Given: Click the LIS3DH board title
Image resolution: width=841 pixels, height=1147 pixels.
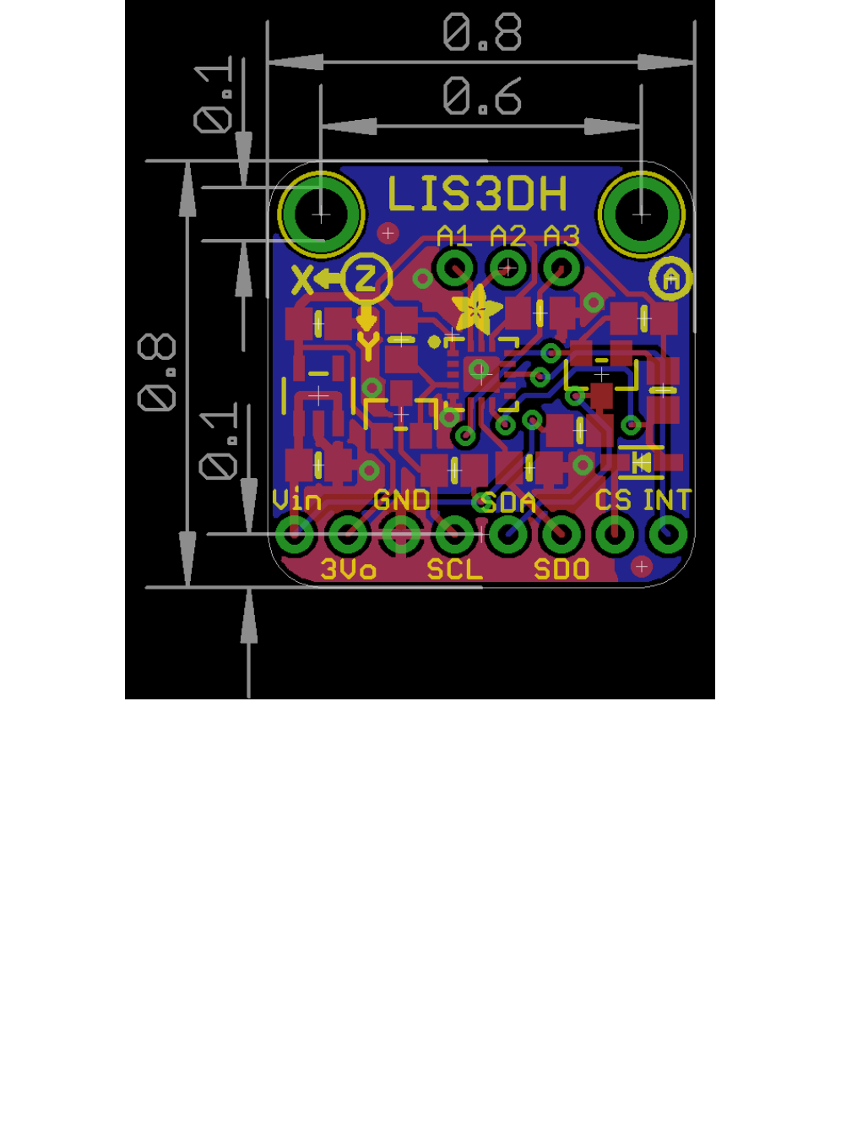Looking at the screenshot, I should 477,194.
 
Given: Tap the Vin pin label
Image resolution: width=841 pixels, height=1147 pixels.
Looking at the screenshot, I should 297,501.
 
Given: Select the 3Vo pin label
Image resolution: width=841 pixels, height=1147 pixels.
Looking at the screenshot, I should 348,569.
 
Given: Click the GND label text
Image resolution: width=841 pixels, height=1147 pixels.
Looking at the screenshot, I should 402,501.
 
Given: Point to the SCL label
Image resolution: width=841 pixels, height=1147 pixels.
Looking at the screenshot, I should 454,569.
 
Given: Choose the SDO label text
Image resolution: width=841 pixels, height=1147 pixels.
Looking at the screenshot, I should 562,569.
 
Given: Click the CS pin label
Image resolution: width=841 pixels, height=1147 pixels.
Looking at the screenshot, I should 613,501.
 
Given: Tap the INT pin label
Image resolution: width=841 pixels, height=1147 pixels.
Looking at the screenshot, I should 667,501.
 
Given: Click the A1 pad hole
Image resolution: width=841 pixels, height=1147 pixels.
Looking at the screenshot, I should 454,269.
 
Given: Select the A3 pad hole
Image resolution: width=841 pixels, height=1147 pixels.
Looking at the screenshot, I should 562,269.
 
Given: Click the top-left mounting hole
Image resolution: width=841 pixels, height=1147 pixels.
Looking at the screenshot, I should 321,215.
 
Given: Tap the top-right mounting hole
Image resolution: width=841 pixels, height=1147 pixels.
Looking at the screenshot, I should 641,215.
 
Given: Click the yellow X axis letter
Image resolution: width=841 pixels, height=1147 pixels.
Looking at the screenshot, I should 301,280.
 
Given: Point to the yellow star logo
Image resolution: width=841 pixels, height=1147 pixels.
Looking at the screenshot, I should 476,309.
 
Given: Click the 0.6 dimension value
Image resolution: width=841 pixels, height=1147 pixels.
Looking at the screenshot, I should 482,97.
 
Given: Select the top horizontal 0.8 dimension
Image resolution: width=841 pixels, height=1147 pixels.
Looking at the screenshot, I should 482,34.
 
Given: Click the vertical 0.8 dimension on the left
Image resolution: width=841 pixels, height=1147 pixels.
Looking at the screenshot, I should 157,372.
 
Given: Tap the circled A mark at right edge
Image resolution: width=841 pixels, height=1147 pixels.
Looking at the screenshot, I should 671,278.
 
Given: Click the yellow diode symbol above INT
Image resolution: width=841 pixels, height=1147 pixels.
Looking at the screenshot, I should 642,461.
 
